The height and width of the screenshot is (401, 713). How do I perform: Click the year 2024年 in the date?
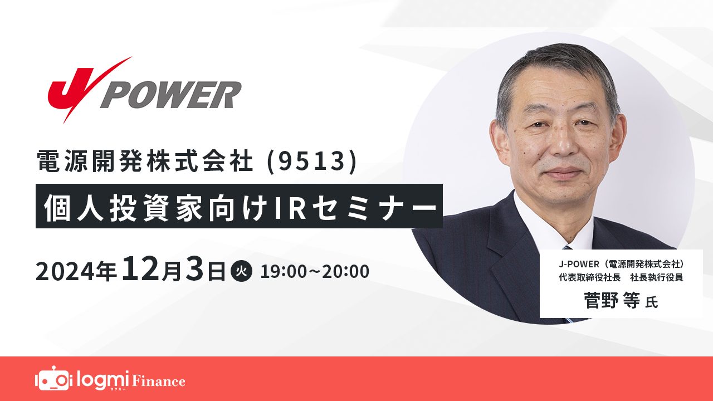[76, 272]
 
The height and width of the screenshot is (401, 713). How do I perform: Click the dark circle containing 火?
[241, 272]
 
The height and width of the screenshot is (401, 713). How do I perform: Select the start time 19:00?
[283, 272]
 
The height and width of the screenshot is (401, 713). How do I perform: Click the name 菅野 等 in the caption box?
[612, 301]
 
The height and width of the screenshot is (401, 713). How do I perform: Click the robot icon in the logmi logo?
[53, 379]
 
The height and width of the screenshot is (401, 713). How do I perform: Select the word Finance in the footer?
[158, 382]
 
